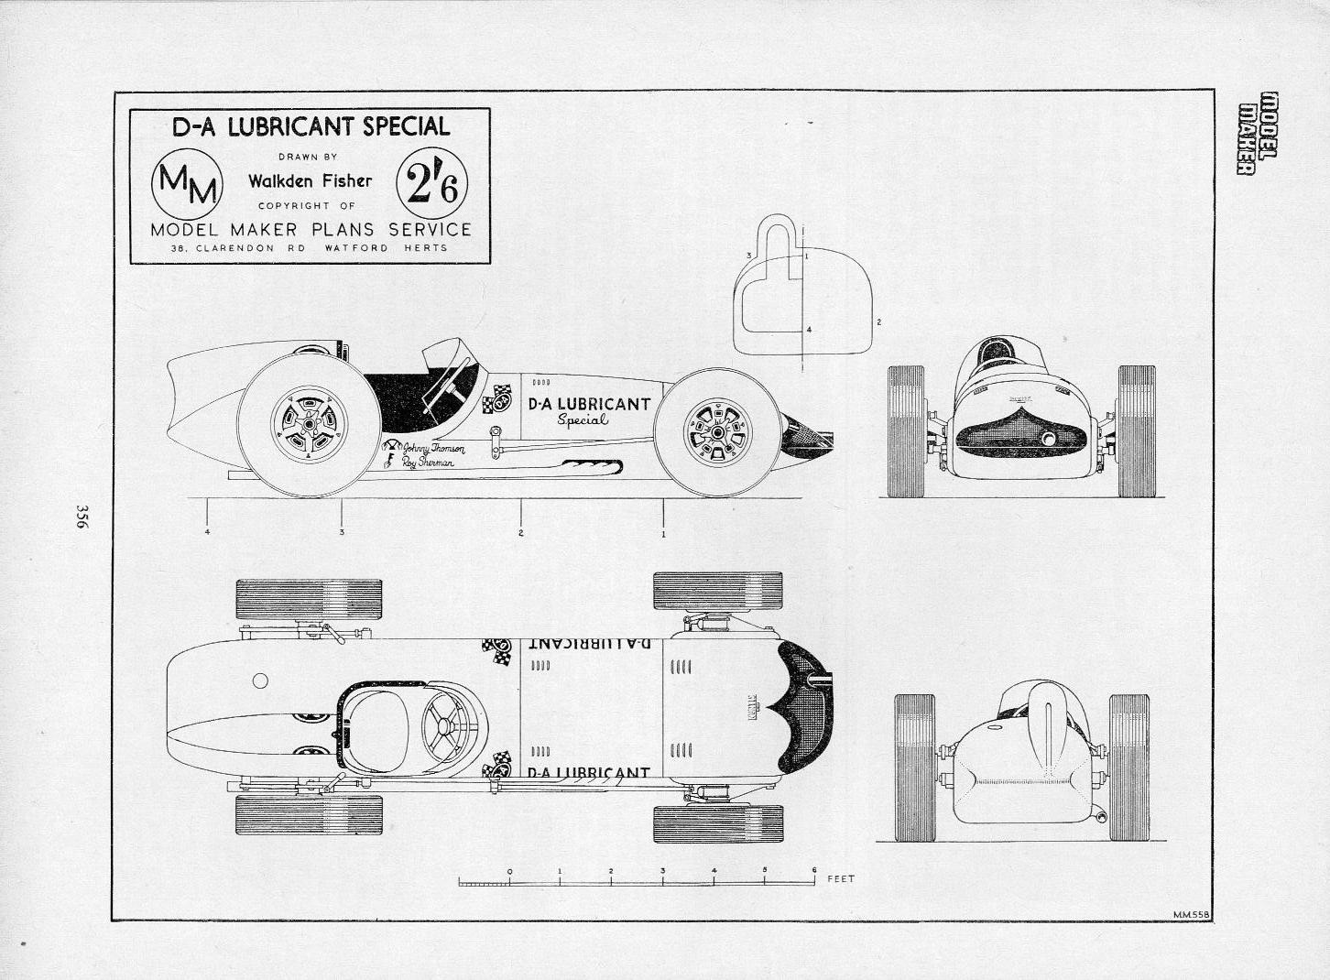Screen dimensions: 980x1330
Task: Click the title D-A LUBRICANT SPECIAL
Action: [311, 126]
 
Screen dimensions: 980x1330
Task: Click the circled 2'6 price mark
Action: [432, 184]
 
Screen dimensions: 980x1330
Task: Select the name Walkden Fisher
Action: [311, 180]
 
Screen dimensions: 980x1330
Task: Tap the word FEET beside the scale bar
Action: [840, 878]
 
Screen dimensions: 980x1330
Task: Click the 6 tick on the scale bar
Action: [813, 870]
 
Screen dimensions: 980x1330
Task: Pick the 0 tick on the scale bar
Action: [509, 870]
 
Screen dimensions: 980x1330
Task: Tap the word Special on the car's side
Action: [583, 419]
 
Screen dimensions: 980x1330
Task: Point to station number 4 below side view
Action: [208, 532]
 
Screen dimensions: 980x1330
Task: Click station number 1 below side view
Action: [663, 532]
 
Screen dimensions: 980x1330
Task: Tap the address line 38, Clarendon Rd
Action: [309, 248]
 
